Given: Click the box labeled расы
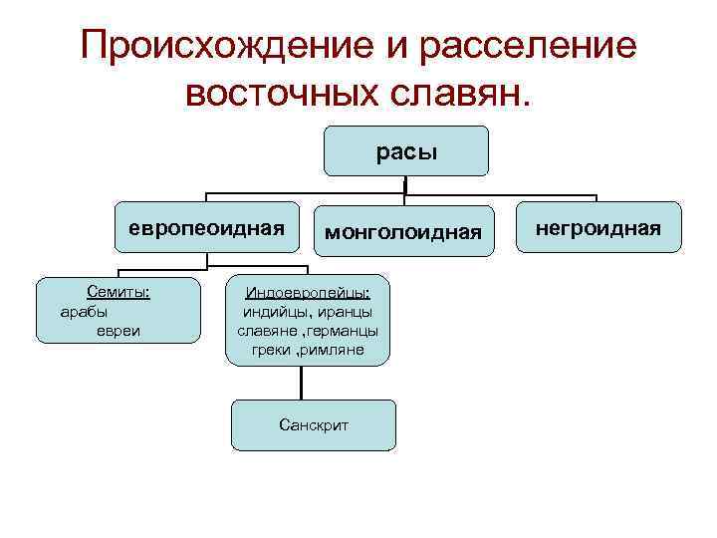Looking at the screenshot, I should coord(406,151).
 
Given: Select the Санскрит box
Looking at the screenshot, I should coord(314,424).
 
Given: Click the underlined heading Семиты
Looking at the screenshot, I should coord(118,293).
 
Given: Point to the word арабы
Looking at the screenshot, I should coord(85,311).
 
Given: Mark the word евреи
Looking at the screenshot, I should coord(118,330).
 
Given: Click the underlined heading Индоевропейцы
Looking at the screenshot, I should coord(308,293).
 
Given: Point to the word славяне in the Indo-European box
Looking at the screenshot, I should coord(267,331).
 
